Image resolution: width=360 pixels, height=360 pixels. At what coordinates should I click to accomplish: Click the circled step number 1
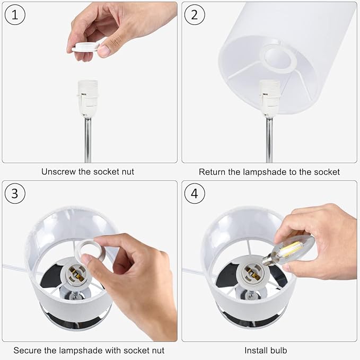tap(15, 15)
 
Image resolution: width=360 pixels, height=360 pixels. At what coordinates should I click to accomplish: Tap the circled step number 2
tap(195, 15)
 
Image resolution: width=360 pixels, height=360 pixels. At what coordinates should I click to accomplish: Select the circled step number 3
tap(15, 194)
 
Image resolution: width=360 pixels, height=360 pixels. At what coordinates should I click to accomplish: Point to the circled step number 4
tap(195, 194)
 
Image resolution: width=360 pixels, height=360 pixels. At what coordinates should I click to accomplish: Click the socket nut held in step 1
tap(85, 47)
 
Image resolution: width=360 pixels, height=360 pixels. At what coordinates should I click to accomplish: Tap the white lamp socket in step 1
tap(87, 98)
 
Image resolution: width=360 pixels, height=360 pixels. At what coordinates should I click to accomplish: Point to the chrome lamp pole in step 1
tap(87, 140)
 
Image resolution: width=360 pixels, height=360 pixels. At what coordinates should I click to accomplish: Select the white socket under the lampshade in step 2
tap(270, 99)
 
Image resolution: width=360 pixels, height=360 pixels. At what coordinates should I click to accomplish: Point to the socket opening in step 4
tap(252, 273)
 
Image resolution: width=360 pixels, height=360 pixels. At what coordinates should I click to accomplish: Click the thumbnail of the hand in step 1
tap(104, 50)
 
